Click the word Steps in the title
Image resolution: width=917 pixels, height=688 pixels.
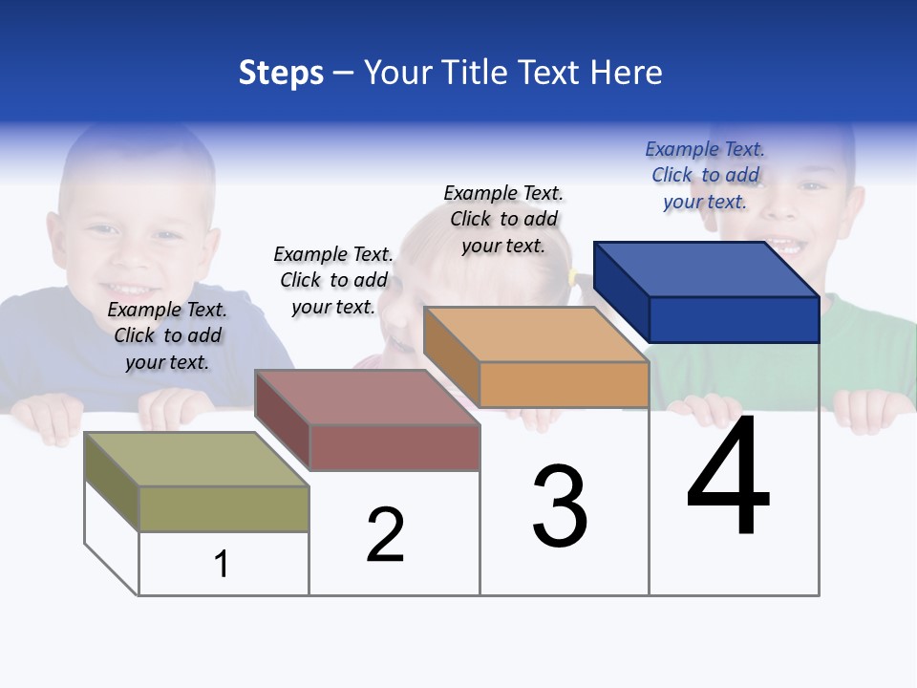(x=281, y=73)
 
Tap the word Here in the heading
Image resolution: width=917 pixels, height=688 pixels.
(x=627, y=73)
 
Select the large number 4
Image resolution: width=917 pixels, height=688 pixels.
(x=728, y=478)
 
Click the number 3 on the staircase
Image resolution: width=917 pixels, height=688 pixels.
(x=560, y=506)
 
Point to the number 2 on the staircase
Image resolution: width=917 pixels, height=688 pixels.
(x=385, y=535)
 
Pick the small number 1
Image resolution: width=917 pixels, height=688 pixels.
(x=222, y=564)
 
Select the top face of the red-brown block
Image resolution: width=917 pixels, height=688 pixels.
(x=368, y=397)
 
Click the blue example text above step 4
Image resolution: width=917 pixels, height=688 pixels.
(x=705, y=175)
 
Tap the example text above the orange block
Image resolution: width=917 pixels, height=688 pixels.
(x=503, y=219)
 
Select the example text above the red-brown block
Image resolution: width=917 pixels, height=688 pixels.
(x=333, y=280)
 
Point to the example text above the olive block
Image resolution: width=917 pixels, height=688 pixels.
(x=167, y=335)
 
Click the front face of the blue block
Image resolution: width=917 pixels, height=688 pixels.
(x=734, y=319)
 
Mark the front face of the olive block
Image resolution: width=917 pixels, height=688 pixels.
(x=224, y=508)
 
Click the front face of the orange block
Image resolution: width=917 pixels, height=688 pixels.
(x=564, y=385)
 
